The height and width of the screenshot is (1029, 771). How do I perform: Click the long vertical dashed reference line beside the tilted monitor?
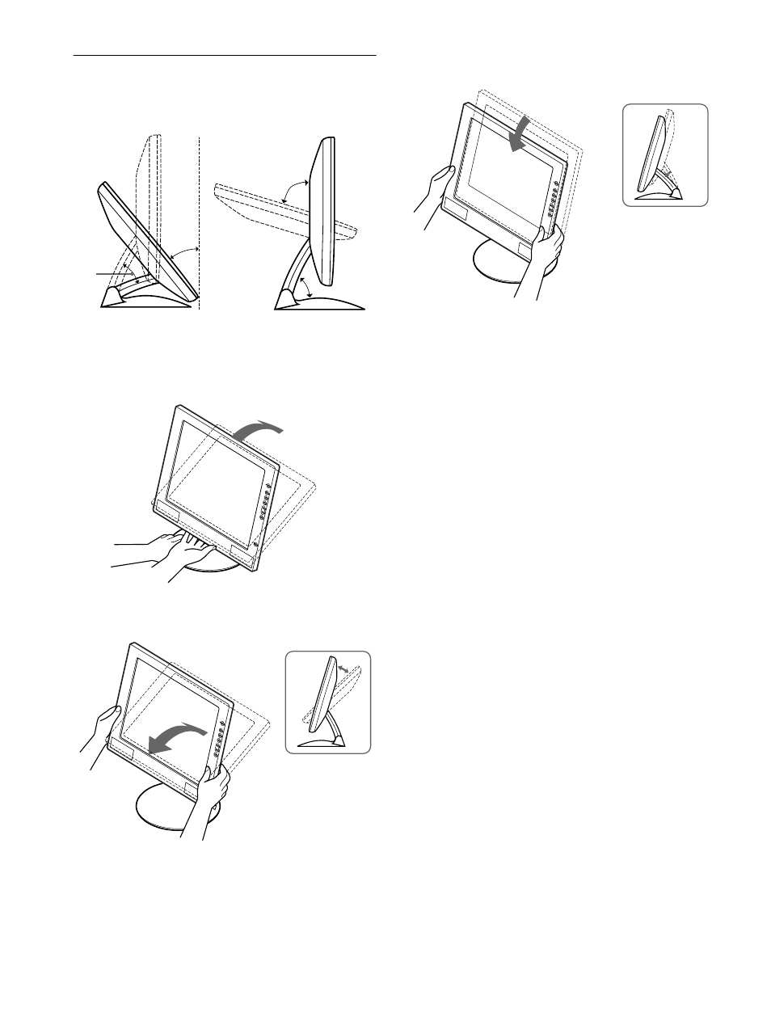tap(198, 226)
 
